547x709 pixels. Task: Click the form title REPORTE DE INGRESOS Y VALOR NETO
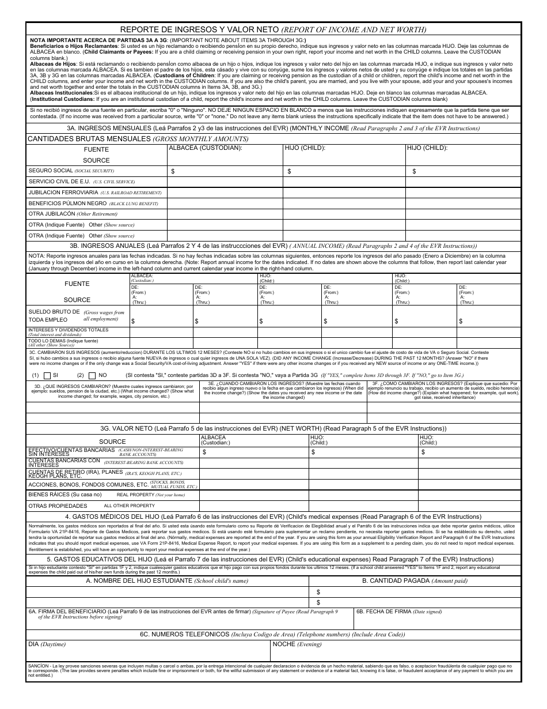(199, 29)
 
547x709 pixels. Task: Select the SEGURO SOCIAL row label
(51, 171)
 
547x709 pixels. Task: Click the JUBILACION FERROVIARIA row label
(63, 193)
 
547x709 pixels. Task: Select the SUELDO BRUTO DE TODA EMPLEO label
(54, 315)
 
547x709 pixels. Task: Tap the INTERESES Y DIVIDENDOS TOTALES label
(68, 330)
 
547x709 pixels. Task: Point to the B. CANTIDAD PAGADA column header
(415, 580)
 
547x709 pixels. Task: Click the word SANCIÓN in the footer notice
(38, 665)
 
